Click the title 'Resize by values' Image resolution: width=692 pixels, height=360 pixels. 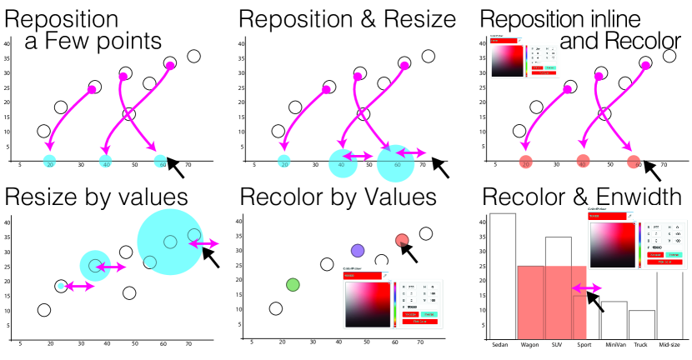pyautogui.click(x=95, y=197)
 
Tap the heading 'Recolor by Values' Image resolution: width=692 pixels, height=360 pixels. pyautogui.click(x=338, y=197)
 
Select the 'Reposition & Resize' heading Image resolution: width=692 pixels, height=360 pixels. pyautogui.click(x=346, y=19)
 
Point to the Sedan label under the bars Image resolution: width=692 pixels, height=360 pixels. pyautogui.click(x=500, y=343)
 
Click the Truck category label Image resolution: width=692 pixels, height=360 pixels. pyautogui.click(x=641, y=343)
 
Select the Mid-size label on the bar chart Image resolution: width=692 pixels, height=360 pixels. pyautogui.click(x=669, y=343)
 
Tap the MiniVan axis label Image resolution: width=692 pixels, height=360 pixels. pyautogui.click(x=614, y=343)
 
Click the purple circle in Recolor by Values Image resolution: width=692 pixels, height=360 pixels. pyautogui.click(x=359, y=250)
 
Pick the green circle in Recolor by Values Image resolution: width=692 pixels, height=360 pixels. pyautogui.click(x=293, y=285)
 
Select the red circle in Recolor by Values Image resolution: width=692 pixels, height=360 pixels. pyautogui.click(x=402, y=242)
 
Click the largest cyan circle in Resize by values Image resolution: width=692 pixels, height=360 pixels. pyautogui.click(x=169, y=242)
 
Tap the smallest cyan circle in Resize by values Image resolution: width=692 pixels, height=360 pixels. pyautogui.click(x=61, y=286)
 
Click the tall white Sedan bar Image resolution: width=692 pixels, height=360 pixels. pyautogui.click(x=503, y=275)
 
